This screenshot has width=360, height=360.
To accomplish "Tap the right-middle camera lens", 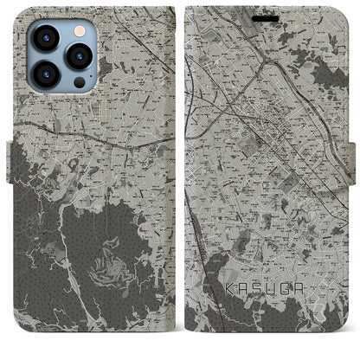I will (x=79, y=57).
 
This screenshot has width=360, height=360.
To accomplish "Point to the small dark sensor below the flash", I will (x=79, y=83).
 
